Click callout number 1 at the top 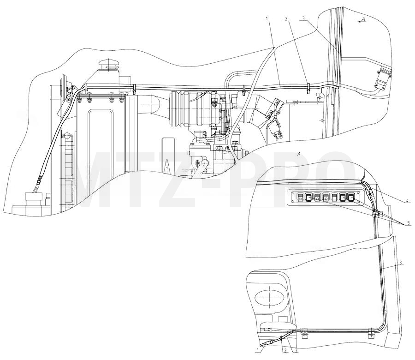pyautogui.click(x=267, y=18)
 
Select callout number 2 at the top pyautogui.click(x=286, y=19)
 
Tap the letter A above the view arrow pyautogui.click(x=363, y=19)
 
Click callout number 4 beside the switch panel pyautogui.click(x=409, y=200)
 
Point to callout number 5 pyautogui.click(x=409, y=223)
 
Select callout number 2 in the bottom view pyautogui.click(x=285, y=351)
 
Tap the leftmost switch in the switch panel pyautogui.click(x=301, y=197)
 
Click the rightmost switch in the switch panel pyautogui.click(x=351, y=197)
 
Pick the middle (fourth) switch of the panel pyautogui.click(x=326, y=197)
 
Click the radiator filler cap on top pyautogui.click(x=108, y=64)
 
